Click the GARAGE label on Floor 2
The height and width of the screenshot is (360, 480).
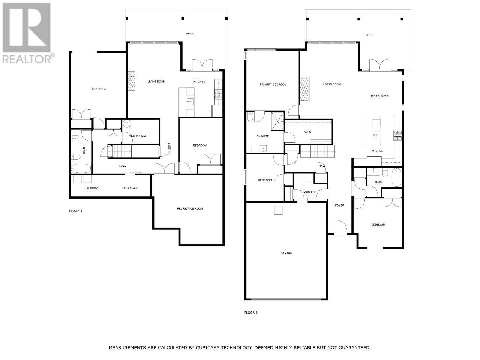pyautogui.click(x=286, y=253)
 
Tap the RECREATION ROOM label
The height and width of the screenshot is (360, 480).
pyautogui.click(x=190, y=209)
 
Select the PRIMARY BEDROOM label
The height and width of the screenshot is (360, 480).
pyautogui.click(x=273, y=84)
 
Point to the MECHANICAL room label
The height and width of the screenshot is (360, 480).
pyautogui.click(x=137, y=136)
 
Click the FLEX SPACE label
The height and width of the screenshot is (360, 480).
pyautogui.click(x=130, y=188)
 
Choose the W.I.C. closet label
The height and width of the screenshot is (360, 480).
pyautogui.click(x=308, y=132)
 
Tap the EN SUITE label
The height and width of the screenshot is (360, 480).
pyautogui.click(x=262, y=136)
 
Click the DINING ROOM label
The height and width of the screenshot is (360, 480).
pyautogui.click(x=380, y=96)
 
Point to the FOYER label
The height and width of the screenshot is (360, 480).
pyautogui.click(x=339, y=205)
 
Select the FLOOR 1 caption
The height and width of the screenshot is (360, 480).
pyautogui.click(x=76, y=211)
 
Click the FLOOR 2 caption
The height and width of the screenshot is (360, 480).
pyautogui.click(x=251, y=313)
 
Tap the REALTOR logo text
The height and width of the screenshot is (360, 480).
pyautogui.click(x=27, y=59)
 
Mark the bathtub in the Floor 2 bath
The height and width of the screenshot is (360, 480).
pyautogui.click(x=396, y=177)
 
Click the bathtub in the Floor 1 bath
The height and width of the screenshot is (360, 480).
pyautogui.click(x=81, y=169)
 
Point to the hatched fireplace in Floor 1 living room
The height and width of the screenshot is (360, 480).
pyautogui.click(x=131, y=81)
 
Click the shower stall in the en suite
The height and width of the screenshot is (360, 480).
pyautogui.click(x=277, y=121)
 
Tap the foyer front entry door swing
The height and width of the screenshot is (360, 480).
pyautogui.click(x=340, y=227)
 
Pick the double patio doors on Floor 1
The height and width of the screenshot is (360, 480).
pyautogui.click(x=202, y=64)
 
